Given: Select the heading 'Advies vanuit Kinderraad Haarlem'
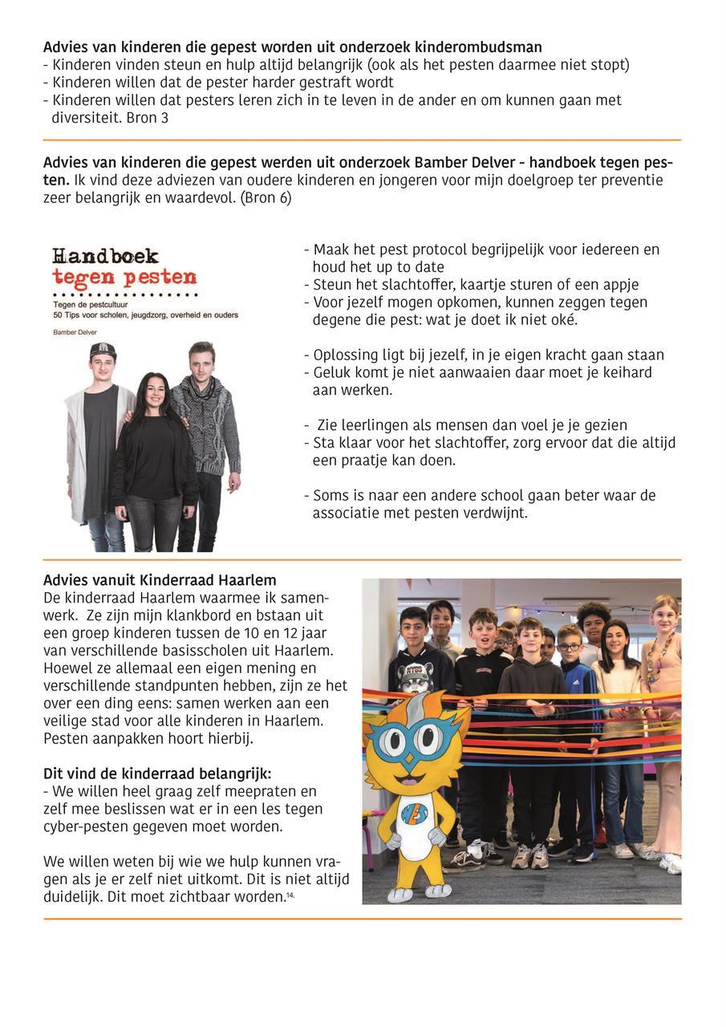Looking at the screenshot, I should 160,580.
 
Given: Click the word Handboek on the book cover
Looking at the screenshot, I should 106,257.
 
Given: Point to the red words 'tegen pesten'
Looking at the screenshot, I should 124,278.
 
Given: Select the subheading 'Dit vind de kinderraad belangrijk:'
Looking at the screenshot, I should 157,774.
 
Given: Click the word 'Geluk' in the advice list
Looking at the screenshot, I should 331,373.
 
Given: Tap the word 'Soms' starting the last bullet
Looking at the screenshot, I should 330,496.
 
